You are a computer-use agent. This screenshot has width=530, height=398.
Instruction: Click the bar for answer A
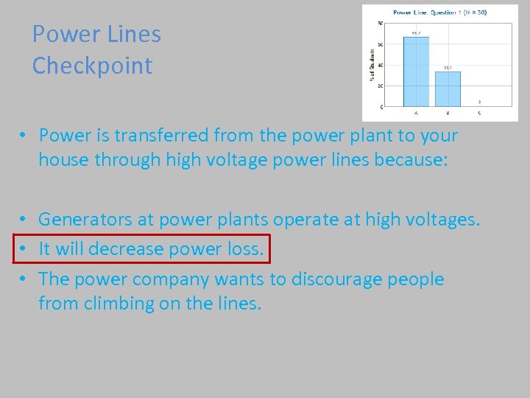416,71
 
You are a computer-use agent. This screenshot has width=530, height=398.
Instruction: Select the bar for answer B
448,88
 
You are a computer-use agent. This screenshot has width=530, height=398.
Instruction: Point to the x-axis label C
480,113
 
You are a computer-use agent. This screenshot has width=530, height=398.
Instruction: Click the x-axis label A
416,113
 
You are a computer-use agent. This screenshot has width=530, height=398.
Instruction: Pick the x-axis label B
448,113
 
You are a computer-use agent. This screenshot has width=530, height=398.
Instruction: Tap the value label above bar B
448,68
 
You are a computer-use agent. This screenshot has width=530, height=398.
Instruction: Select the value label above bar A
416,33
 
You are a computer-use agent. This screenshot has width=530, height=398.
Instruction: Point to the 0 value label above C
480,102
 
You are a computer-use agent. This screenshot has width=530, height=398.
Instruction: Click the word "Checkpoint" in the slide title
92,66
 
